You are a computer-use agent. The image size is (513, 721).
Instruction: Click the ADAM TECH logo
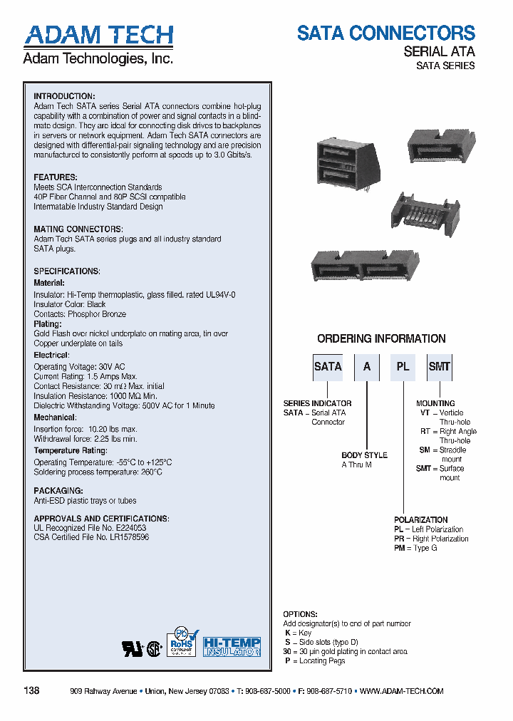[98, 36]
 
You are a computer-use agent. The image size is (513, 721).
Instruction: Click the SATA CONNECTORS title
[385, 33]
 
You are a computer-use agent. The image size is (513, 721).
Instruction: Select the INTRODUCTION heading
[64, 96]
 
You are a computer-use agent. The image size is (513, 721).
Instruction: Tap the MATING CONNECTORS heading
[78, 229]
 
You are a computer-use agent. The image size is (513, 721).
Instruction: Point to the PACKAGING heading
[58, 491]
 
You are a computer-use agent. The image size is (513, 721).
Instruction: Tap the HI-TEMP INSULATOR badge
[232, 646]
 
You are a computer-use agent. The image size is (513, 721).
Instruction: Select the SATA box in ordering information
[328, 367]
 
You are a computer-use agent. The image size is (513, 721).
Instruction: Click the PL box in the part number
[403, 367]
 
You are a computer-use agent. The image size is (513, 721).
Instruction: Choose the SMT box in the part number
[439, 367]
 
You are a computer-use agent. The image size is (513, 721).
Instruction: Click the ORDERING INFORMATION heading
[381, 339]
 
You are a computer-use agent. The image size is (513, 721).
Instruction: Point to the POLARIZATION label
[421, 520]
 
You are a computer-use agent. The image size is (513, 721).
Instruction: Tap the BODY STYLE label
[364, 455]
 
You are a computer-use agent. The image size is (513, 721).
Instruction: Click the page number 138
[31, 690]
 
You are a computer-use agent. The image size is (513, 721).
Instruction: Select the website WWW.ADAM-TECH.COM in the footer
[403, 691]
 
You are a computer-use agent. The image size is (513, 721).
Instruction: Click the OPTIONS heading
[300, 614]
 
